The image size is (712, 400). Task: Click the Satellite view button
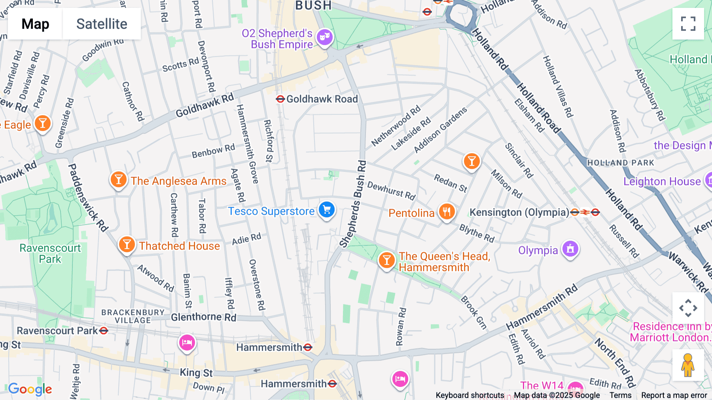[x=102, y=24]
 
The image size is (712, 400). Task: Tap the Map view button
[x=35, y=24]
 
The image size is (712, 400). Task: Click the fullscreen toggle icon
[x=688, y=24]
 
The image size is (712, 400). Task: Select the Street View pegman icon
[x=688, y=365]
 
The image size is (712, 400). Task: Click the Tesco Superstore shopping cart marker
[x=327, y=210]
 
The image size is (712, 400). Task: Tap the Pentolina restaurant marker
[x=447, y=211]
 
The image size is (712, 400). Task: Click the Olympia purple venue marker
[x=570, y=249]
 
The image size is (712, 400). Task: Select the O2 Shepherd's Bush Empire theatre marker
[x=325, y=37]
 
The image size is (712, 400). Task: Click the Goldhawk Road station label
[x=322, y=99]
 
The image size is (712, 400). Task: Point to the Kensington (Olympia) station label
[x=519, y=212]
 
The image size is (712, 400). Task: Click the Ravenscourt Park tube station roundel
[x=104, y=330]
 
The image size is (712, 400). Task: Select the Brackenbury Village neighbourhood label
[x=133, y=316]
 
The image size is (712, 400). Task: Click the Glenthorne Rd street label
[x=203, y=317]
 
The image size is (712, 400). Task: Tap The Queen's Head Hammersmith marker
[x=386, y=260]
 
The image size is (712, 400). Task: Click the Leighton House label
[x=662, y=181]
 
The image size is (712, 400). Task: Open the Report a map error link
[x=674, y=395]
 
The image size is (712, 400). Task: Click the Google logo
[x=30, y=389]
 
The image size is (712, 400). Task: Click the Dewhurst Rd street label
[x=391, y=190]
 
